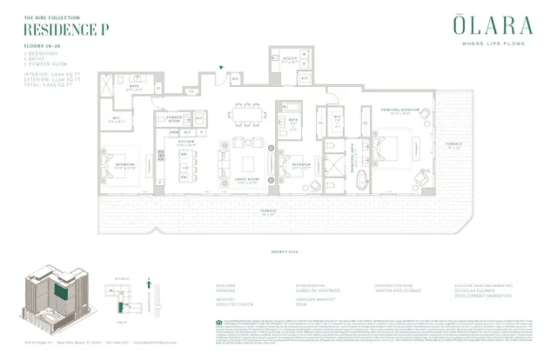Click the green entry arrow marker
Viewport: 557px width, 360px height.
(222, 68)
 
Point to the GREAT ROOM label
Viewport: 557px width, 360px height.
(241, 181)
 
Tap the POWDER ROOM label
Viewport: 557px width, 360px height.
(174, 118)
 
